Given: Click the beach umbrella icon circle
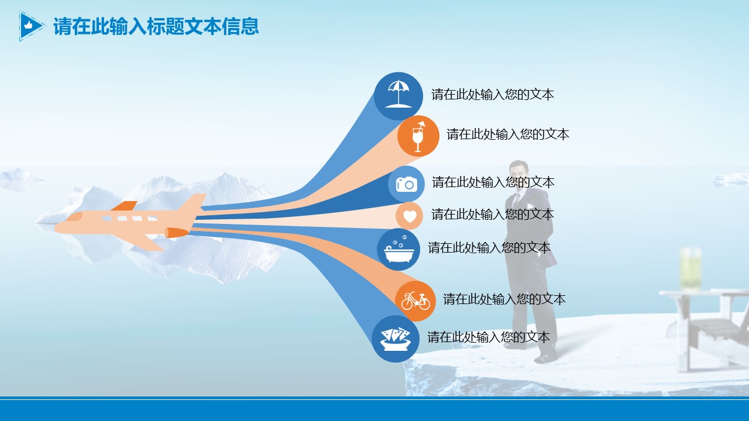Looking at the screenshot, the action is click(398, 96).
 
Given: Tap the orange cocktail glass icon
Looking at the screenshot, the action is click(418, 136).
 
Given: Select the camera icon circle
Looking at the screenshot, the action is click(406, 184).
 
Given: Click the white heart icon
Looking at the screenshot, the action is click(410, 216).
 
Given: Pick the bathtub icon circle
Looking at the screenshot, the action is click(398, 249).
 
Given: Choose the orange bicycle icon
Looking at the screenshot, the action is click(415, 301).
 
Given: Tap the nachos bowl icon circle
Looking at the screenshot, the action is click(396, 339).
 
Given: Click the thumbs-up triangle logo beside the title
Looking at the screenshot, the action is click(32, 26).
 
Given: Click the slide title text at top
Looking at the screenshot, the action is click(156, 26).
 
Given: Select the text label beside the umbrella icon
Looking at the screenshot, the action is click(493, 95).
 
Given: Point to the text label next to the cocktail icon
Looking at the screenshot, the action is click(508, 134).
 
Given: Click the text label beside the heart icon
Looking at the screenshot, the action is click(493, 214).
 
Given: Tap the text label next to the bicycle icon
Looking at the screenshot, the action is click(504, 299).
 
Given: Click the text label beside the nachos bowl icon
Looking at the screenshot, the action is click(489, 337).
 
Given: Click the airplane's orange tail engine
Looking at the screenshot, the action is click(177, 232).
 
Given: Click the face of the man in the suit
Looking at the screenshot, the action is click(519, 174).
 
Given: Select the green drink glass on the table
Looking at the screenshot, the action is click(690, 269).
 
